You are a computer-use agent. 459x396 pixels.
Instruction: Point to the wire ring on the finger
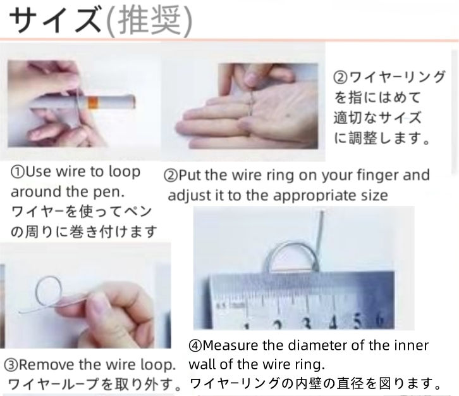pyautogui.click(x=252, y=101)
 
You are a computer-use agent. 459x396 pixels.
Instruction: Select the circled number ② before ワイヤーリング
pyautogui.click(x=340, y=78)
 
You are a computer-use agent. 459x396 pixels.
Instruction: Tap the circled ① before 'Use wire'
pyautogui.click(x=18, y=172)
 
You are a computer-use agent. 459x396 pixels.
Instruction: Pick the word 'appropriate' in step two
pyautogui.click(x=307, y=195)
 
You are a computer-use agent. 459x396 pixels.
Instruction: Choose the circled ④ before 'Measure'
pyautogui.click(x=195, y=346)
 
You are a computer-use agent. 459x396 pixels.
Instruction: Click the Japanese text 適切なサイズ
pyautogui.click(x=368, y=118)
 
